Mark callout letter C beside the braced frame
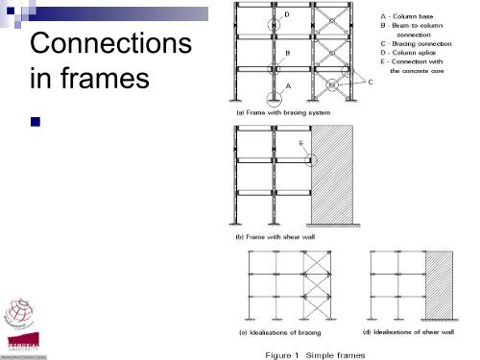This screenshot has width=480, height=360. point(372,83)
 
